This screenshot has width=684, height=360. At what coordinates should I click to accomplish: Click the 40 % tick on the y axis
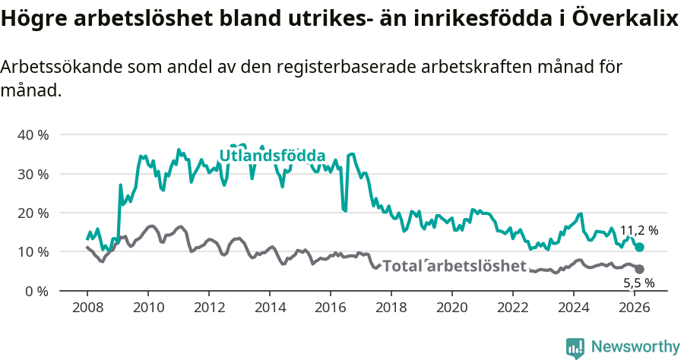(x=33, y=135)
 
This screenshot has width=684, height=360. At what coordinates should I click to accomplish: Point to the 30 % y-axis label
(x=33, y=174)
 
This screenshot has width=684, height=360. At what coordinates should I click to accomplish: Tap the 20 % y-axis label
(x=33, y=213)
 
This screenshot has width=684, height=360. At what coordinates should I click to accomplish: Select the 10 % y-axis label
(x=33, y=252)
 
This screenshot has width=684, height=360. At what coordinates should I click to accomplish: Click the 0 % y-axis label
(x=36, y=291)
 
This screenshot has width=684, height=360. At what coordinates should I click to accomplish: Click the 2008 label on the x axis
(x=87, y=308)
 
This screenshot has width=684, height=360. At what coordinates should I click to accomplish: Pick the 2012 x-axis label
(x=208, y=308)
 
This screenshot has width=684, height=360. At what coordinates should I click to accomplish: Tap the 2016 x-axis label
(x=330, y=308)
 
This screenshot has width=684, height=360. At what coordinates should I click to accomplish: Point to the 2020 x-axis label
(x=451, y=308)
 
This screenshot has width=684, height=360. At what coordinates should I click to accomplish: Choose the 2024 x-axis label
(x=573, y=308)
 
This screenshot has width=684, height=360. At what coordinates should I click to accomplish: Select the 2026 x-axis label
(x=634, y=308)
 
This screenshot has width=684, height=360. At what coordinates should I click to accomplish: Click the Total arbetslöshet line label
(x=454, y=266)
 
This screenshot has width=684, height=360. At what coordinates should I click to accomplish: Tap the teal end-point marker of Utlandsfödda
(x=639, y=248)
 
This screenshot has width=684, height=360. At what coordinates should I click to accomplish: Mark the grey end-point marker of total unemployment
(x=639, y=269)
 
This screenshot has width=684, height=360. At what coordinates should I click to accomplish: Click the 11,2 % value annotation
(x=639, y=230)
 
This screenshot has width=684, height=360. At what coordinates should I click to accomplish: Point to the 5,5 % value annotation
(x=639, y=283)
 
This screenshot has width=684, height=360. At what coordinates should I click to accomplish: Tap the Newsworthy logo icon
(x=575, y=347)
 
